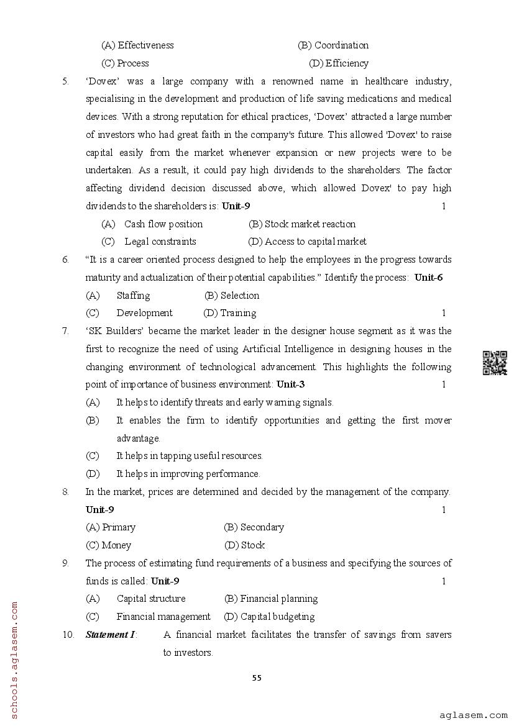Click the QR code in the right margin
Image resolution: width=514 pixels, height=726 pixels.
coord(495,363)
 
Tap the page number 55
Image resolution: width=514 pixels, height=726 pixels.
coord(257,678)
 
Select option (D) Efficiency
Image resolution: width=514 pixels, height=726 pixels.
coord(339,63)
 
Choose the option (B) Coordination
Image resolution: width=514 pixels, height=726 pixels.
coord(333,45)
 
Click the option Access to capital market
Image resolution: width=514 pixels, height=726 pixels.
coord(307,242)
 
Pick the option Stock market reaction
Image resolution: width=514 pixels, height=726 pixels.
coord(302,224)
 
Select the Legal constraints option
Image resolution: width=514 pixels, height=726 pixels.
coord(160,242)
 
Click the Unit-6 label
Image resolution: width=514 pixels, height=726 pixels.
coord(428,278)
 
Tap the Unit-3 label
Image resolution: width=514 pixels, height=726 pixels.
coord(290,384)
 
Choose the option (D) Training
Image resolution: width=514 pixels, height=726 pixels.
coord(230,313)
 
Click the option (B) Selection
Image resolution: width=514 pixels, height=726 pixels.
coord(232,296)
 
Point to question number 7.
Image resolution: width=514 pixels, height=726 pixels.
coord(65,331)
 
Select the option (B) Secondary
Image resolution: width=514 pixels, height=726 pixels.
coord(254,527)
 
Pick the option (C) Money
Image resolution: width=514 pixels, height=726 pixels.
coord(109,545)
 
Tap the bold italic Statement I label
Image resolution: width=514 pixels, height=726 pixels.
coord(111,635)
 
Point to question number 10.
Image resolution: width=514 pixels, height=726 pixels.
coord(68,635)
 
